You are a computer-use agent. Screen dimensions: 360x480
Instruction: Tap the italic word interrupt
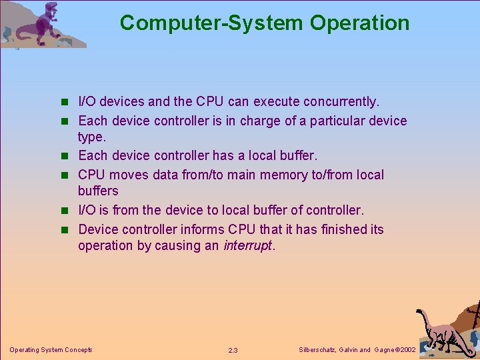pos(247,245)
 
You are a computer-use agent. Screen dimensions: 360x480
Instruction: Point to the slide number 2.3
pos(233,350)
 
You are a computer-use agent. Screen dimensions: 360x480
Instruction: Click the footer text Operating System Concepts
pos(51,349)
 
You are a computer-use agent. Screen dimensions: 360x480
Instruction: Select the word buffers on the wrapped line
pos(98,191)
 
